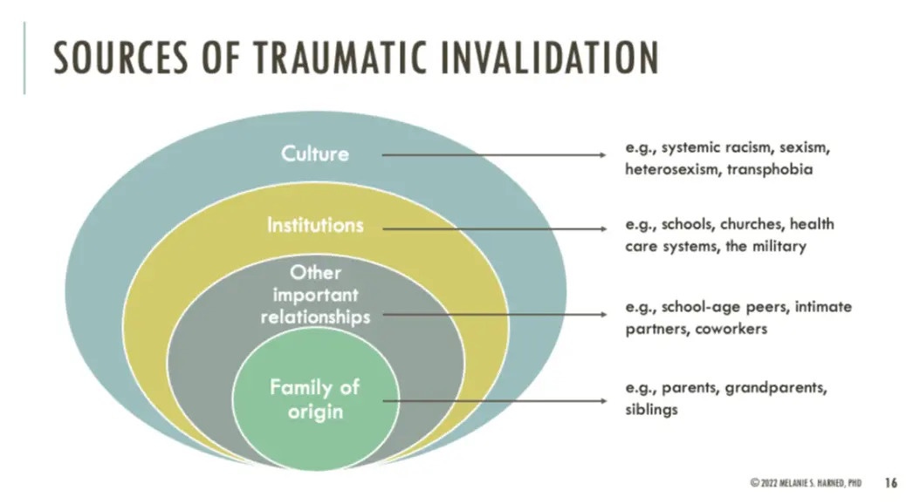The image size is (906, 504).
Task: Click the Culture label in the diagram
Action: (315, 154)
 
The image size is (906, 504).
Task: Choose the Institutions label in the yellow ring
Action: (315, 226)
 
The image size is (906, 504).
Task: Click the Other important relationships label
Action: (315, 295)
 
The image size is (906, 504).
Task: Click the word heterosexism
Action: (669, 169)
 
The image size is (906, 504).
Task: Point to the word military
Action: (777, 246)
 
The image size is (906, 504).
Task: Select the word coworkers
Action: (732, 330)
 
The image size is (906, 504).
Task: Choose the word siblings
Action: (651, 410)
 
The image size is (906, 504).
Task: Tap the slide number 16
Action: (890, 481)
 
